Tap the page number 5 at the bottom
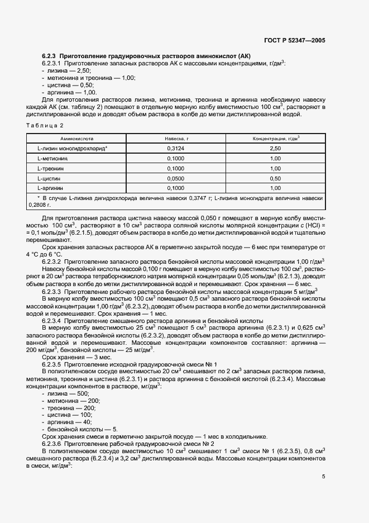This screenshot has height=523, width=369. (323, 476)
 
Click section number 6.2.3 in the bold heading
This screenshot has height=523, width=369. (49, 56)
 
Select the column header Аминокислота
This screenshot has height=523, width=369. (73, 137)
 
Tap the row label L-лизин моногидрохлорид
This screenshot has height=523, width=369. (72, 148)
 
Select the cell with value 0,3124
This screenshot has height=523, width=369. (176, 148)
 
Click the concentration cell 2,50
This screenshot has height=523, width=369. (275, 148)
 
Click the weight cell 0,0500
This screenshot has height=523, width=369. (176, 178)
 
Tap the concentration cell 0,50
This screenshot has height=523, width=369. (275, 178)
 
